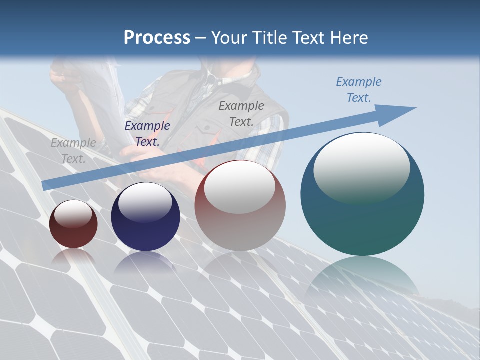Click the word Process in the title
[x=157, y=38]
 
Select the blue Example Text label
[x=358, y=90]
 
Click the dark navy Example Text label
[x=147, y=134]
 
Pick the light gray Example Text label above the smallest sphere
[x=73, y=151]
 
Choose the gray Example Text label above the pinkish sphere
[x=241, y=114]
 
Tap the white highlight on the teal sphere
[x=361, y=167]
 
